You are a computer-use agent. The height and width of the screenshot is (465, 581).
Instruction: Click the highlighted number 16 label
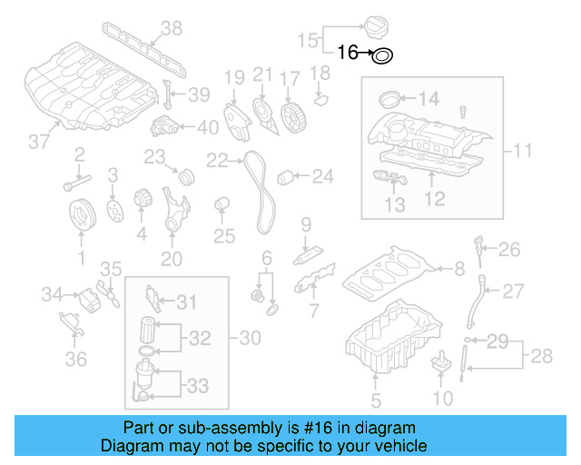[x=349, y=54]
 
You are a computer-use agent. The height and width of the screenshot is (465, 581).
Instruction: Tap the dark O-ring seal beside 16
[x=383, y=56]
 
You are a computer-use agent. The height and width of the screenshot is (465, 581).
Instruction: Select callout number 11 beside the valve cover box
[x=523, y=149]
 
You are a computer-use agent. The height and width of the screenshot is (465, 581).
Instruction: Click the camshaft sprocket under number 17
[x=290, y=118]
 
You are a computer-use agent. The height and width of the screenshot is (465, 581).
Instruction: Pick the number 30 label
[x=250, y=338]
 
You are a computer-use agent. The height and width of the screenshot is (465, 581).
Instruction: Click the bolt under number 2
[x=71, y=186]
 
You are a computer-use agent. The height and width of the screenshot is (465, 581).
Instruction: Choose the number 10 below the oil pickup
[x=442, y=398]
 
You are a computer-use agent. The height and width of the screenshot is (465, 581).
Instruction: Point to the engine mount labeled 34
[x=91, y=298]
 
